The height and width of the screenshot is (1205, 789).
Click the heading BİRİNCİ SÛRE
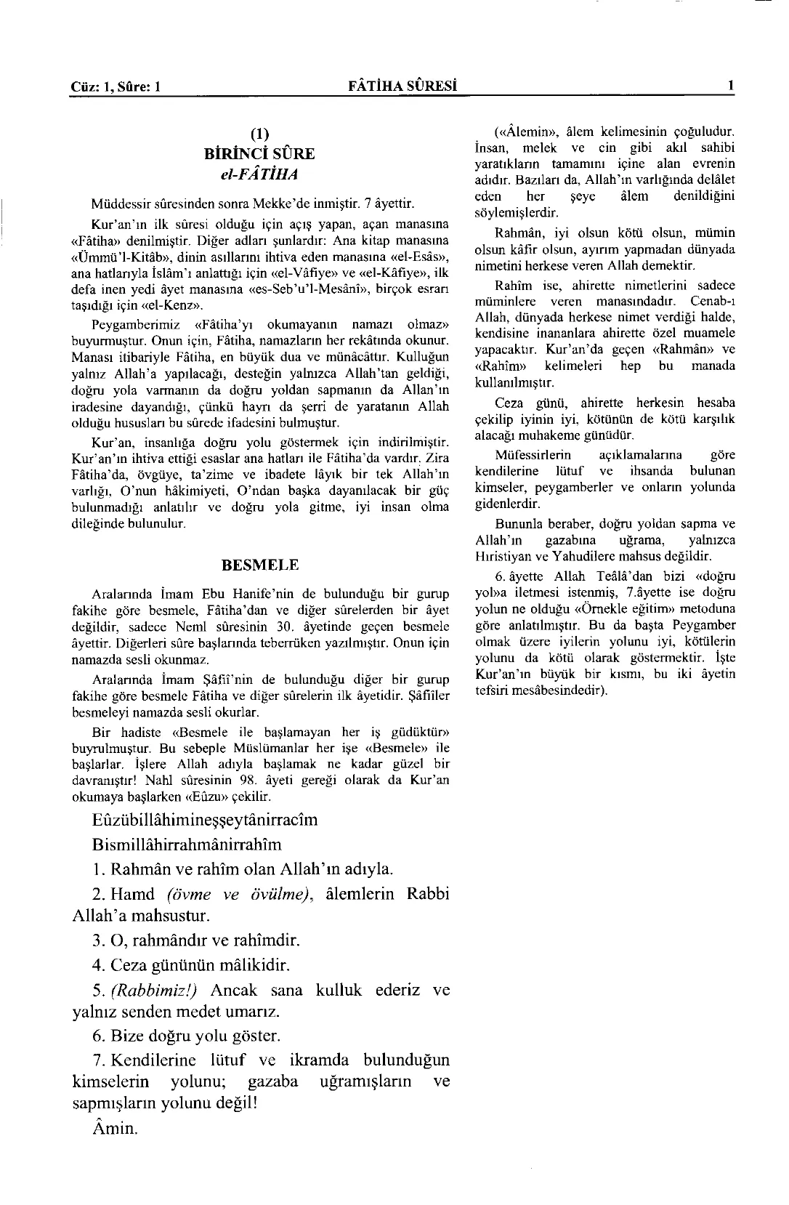(260, 154)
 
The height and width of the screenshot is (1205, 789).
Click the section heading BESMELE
(260, 565)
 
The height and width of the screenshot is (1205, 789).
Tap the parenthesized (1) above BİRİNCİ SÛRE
(260, 135)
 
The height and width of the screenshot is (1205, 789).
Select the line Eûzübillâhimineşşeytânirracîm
(206, 820)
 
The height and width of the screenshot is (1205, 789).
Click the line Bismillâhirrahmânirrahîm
(187, 845)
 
